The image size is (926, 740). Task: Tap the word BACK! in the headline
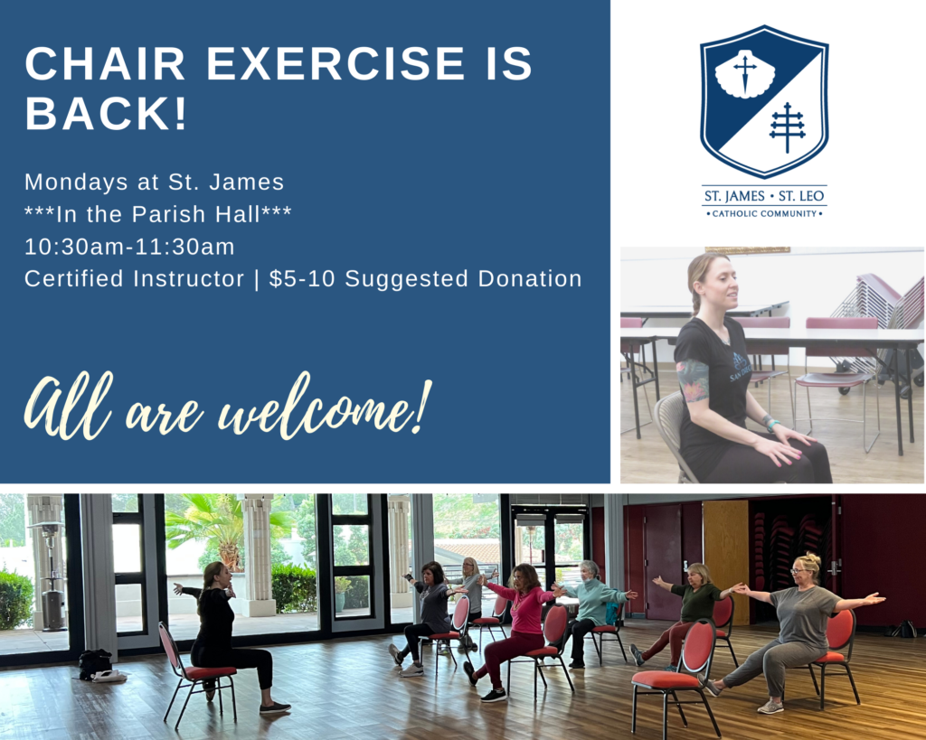tap(107, 113)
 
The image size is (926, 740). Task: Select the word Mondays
tap(76, 183)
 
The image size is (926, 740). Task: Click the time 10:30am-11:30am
tap(129, 247)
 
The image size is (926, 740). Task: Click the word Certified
tap(74, 278)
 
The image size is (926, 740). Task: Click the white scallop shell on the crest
tap(744, 73)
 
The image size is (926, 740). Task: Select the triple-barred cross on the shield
tap(788, 127)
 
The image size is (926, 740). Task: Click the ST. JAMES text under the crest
tap(734, 196)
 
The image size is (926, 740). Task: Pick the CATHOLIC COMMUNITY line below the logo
tap(764, 213)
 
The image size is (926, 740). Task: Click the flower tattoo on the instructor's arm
tap(693, 380)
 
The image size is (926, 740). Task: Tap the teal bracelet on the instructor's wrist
tap(773, 425)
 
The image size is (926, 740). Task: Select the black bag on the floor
tap(94, 664)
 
